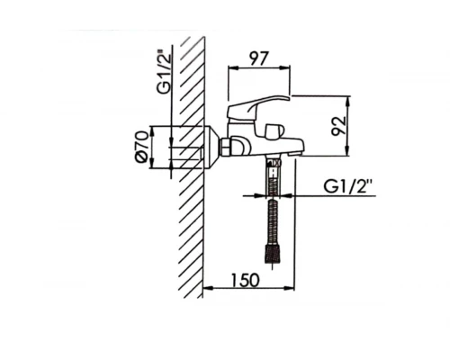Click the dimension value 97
pyautogui.click(x=259, y=58)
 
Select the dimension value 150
pyautogui.click(x=245, y=278)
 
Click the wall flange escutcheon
pyautogui.click(x=213, y=148)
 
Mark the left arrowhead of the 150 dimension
pyautogui.click(x=209, y=289)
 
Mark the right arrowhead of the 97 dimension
pyautogui.click(x=290, y=67)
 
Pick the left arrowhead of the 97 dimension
pyautogui.click(x=229, y=67)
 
